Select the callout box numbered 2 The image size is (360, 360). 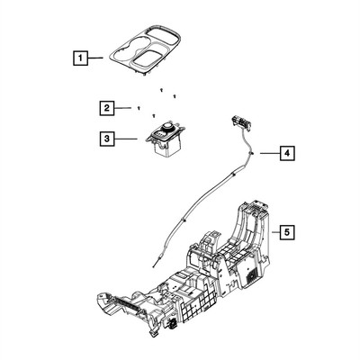[107, 108]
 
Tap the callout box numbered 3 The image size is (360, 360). [107, 139]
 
